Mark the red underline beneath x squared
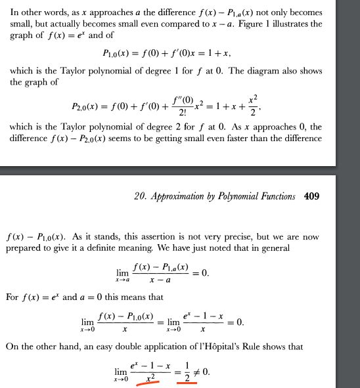point(148,385)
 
